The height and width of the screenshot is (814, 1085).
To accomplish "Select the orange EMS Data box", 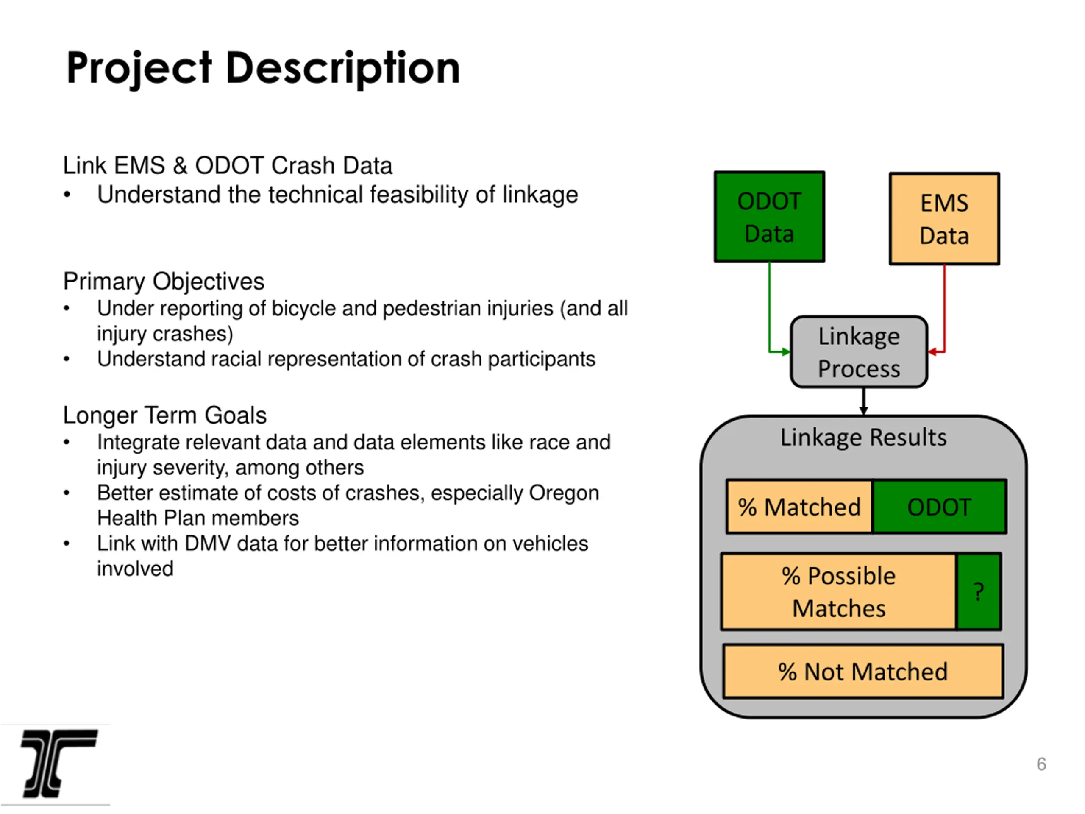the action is click(x=944, y=219).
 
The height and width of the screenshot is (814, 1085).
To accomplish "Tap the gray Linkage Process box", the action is click(x=859, y=352).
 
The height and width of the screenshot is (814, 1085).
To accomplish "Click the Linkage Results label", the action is click(x=863, y=437).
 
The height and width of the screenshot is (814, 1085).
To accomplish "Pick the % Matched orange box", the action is click(x=799, y=506).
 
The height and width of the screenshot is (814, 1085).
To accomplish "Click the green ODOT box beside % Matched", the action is click(x=939, y=506).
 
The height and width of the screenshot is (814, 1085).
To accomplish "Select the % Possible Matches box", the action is click(x=839, y=592).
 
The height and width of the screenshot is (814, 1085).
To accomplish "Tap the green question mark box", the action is click(x=979, y=592).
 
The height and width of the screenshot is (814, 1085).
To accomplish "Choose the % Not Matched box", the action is click(x=863, y=671).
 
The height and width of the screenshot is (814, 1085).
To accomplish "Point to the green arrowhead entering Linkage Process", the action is click(x=786, y=352).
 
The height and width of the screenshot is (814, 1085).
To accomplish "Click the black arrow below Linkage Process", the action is click(x=864, y=401).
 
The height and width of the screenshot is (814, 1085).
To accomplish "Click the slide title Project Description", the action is click(x=263, y=68).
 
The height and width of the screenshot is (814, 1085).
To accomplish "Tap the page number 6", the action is click(x=1041, y=764).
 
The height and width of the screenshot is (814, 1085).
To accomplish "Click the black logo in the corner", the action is click(x=59, y=764).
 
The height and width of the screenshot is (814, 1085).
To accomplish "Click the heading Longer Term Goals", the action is click(x=165, y=415).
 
